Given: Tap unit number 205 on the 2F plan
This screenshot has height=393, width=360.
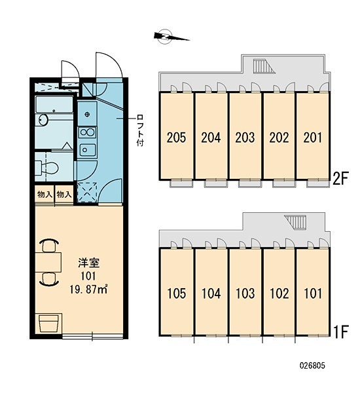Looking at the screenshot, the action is [x=176, y=138].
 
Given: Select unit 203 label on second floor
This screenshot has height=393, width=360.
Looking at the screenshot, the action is [x=245, y=138].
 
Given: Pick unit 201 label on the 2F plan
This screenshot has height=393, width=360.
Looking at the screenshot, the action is [x=313, y=138].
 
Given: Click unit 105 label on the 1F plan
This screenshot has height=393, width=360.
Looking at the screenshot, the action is [x=176, y=293].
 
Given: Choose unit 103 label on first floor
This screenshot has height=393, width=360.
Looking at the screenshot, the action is [x=245, y=293].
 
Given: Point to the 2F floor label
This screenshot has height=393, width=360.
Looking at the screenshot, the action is [x=340, y=178].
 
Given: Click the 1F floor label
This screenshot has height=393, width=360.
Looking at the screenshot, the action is [x=341, y=331].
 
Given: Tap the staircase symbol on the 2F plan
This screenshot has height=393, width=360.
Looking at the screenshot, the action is [x=264, y=66].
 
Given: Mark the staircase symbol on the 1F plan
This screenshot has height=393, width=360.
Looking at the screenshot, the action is [x=296, y=222].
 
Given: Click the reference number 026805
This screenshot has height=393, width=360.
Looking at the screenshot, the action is [x=312, y=365].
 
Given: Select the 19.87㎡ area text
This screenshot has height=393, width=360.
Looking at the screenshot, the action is [x=88, y=290].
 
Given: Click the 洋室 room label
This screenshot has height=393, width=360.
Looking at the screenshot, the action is [x=88, y=263].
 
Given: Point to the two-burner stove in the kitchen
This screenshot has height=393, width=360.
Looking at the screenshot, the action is [x=87, y=132].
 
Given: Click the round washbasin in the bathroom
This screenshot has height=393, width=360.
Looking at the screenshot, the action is [x=43, y=120].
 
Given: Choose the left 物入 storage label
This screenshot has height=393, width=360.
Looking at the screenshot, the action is [x=45, y=195].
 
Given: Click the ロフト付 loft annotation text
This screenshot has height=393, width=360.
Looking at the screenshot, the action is [x=139, y=130].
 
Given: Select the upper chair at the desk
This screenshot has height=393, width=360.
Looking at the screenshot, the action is [x=49, y=246].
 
